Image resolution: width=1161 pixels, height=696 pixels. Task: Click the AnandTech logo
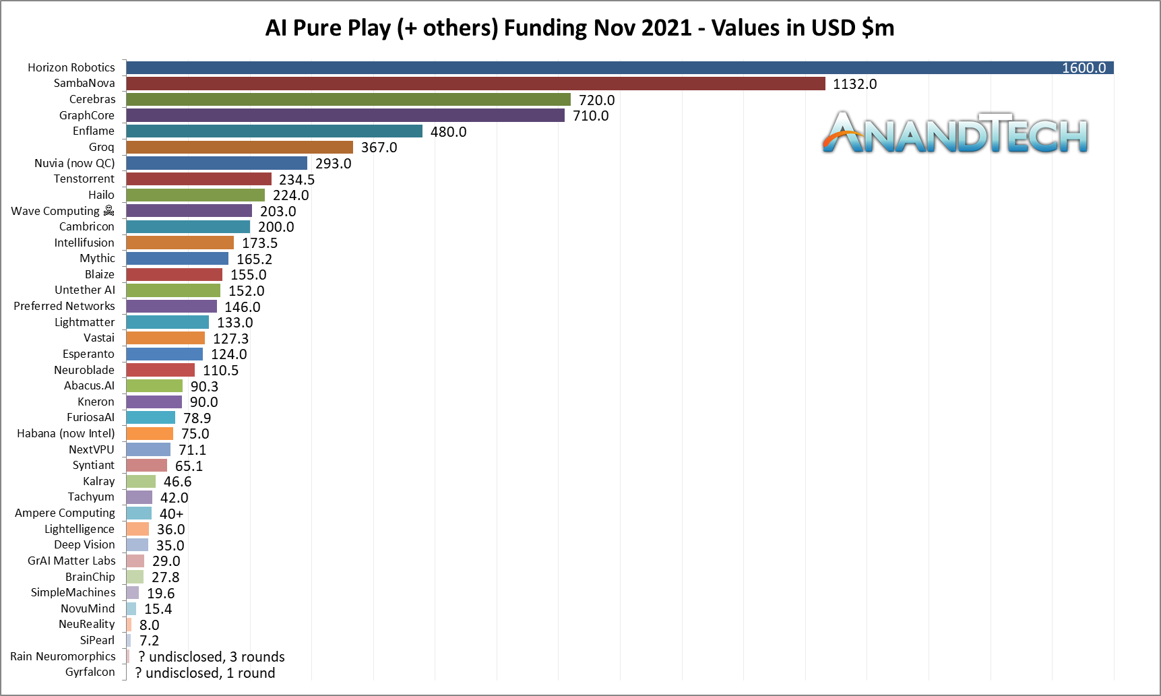955,133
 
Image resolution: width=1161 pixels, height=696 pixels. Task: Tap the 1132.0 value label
854,84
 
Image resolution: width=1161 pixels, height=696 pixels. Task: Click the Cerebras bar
348,100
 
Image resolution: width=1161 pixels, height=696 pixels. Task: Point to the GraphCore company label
87,115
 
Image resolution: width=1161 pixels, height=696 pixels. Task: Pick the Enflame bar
274,131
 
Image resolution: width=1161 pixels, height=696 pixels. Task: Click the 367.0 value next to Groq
379,148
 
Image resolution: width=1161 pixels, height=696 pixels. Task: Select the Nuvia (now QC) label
75,163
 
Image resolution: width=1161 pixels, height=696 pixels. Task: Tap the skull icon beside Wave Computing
108,211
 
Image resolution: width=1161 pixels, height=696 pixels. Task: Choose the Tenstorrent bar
198,179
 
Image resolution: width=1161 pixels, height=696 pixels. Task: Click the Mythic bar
177,259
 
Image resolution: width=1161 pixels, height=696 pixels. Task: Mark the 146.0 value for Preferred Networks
242,307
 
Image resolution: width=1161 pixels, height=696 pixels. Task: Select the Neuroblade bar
160,370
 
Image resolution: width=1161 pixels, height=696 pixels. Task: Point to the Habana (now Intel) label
66,433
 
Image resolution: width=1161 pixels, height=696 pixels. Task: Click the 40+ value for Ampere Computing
171,514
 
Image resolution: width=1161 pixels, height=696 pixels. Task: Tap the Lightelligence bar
137,529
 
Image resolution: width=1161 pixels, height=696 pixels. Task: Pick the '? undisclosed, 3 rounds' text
211,657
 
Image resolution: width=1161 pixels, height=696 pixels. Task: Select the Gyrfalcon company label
90,672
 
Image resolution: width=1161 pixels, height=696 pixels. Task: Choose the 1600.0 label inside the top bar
1084,68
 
